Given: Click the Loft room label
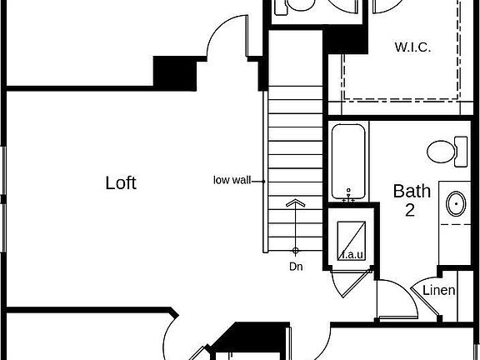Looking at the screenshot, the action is coord(121,182).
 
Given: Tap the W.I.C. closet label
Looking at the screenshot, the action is coord(413,47).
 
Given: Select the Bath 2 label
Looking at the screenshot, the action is coord(412,200).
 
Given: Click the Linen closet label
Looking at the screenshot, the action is coord(438,290).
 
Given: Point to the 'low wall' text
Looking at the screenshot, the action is coord(232,180).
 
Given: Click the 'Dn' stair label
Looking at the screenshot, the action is coord(296,267).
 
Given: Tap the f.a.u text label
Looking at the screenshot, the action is coord(352,255).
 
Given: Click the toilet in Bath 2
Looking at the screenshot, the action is coord(447,152).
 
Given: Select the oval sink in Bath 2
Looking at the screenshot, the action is coord(456,204).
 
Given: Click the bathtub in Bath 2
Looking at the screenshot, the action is coord(348,162).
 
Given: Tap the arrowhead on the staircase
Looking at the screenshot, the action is coord(295,202).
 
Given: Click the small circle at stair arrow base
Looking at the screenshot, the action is coord(295,251).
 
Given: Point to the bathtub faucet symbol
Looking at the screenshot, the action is coord(348,196).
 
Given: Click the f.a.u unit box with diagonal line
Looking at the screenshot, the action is coord(352,241).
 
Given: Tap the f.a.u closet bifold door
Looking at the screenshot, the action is coord(352,283).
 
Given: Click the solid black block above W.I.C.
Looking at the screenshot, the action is coord(345,39).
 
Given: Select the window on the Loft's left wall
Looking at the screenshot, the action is coord(3,199).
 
